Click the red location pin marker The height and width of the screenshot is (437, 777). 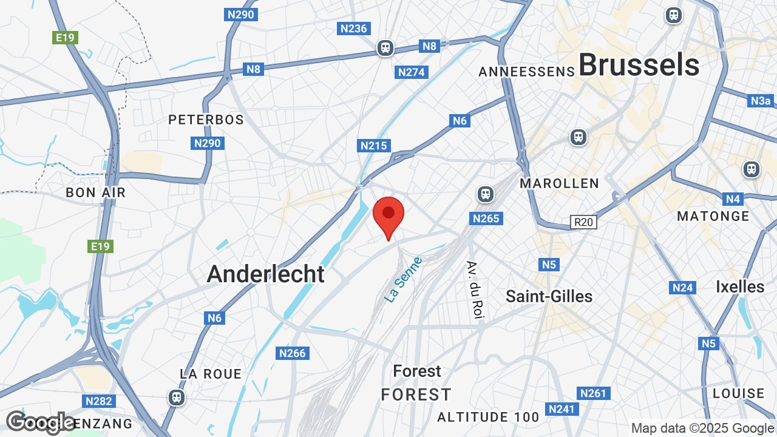tap(388, 215)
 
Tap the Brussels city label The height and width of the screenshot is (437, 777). tap(639, 64)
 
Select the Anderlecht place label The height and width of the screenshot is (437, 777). tap(266, 274)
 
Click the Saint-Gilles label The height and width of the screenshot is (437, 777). tap(549, 296)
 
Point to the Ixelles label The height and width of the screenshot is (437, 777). tap(740, 286)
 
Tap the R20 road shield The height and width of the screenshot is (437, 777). tap(583, 222)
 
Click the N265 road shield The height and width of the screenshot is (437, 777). tap(487, 218)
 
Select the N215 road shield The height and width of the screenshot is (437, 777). tap(374, 146)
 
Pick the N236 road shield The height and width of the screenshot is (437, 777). tap(354, 29)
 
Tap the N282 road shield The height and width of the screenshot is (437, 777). tap(98, 401)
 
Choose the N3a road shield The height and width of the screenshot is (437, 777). tap(761, 101)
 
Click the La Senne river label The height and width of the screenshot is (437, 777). tap(404, 280)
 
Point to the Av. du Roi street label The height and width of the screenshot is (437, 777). tap(475, 290)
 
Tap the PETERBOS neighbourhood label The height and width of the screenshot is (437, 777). tap(206, 120)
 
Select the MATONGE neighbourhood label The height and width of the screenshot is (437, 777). tap(713, 216)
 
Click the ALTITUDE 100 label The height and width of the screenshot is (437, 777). tap(488, 417)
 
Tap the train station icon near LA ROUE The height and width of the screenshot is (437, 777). tap(177, 398)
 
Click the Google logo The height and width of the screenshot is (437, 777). tap(40, 422)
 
